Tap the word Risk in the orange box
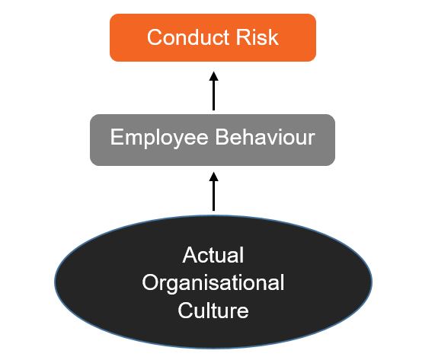pyautogui.click(x=257, y=37)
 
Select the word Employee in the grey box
pyautogui.click(x=159, y=138)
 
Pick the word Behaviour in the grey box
pyautogui.click(x=265, y=137)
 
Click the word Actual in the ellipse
pyautogui.click(x=213, y=255)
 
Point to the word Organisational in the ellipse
pyautogui.click(x=213, y=283)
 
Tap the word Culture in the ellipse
pyautogui.click(x=213, y=311)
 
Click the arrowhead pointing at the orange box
pyautogui.click(x=213, y=76)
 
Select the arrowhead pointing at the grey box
pyautogui.click(x=213, y=177)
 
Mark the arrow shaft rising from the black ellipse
pyautogui.click(x=213, y=196)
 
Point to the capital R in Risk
pyautogui.click(x=243, y=37)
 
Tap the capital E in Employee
pyautogui.click(x=117, y=137)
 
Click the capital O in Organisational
pyautogui.click(x=150, y=282)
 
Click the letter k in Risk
pyautogui.click(x=273, y=37)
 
